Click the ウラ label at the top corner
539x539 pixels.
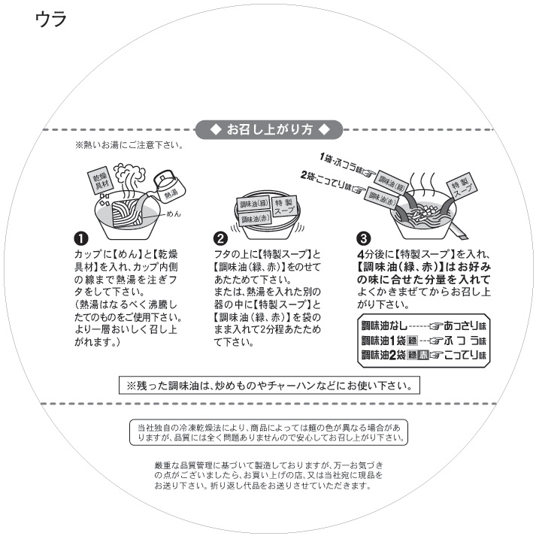pyautogui.click(x=51, y=20)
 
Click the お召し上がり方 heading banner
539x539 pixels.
pyautogui.click(x=269, y=129)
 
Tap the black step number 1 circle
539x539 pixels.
pyautogui.click(x=81, y=238)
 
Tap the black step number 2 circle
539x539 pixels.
pyautogui.click(x=220, y=238)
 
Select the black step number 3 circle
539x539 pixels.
pyautogui.click(x=364, y=238)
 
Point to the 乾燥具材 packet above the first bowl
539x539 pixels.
pyautogui.click(x=101, y=180)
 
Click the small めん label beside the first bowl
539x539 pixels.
pyautogui.click(x=173, y=213)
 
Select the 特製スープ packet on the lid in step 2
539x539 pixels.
pyautogui.click(x=284, y=207)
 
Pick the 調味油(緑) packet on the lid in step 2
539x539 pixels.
pyautogui.click(x=253, y=204)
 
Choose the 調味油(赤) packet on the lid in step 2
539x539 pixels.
pyautogui.click(x=254, y=219)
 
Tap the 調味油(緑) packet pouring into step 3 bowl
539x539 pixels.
pyautogui.click(x=391, y=182)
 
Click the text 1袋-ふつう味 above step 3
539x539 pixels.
pyautogui.click(x=346, y=165)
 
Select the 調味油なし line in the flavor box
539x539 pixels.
pyautogui.click(x=424, y=326)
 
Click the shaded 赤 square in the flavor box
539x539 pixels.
pyautogui.click(x=423, y=355)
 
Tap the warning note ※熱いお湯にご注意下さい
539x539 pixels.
pyautogui.click(x=129, y=145)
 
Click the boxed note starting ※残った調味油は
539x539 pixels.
pyautogui.click(x=269, y=386)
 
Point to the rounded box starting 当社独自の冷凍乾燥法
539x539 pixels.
pyautogui.click(x=268, y=432)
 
